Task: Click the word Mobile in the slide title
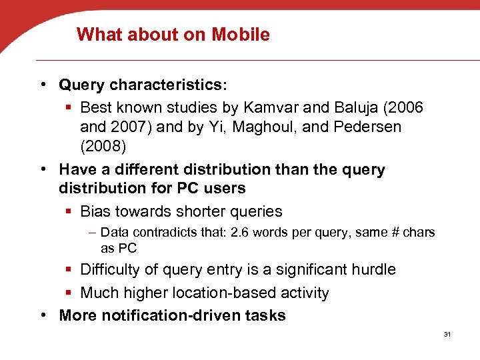[241, 35]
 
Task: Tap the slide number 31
[447, 334]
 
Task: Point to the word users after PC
[222, 189]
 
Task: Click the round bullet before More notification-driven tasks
[43, 315]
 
